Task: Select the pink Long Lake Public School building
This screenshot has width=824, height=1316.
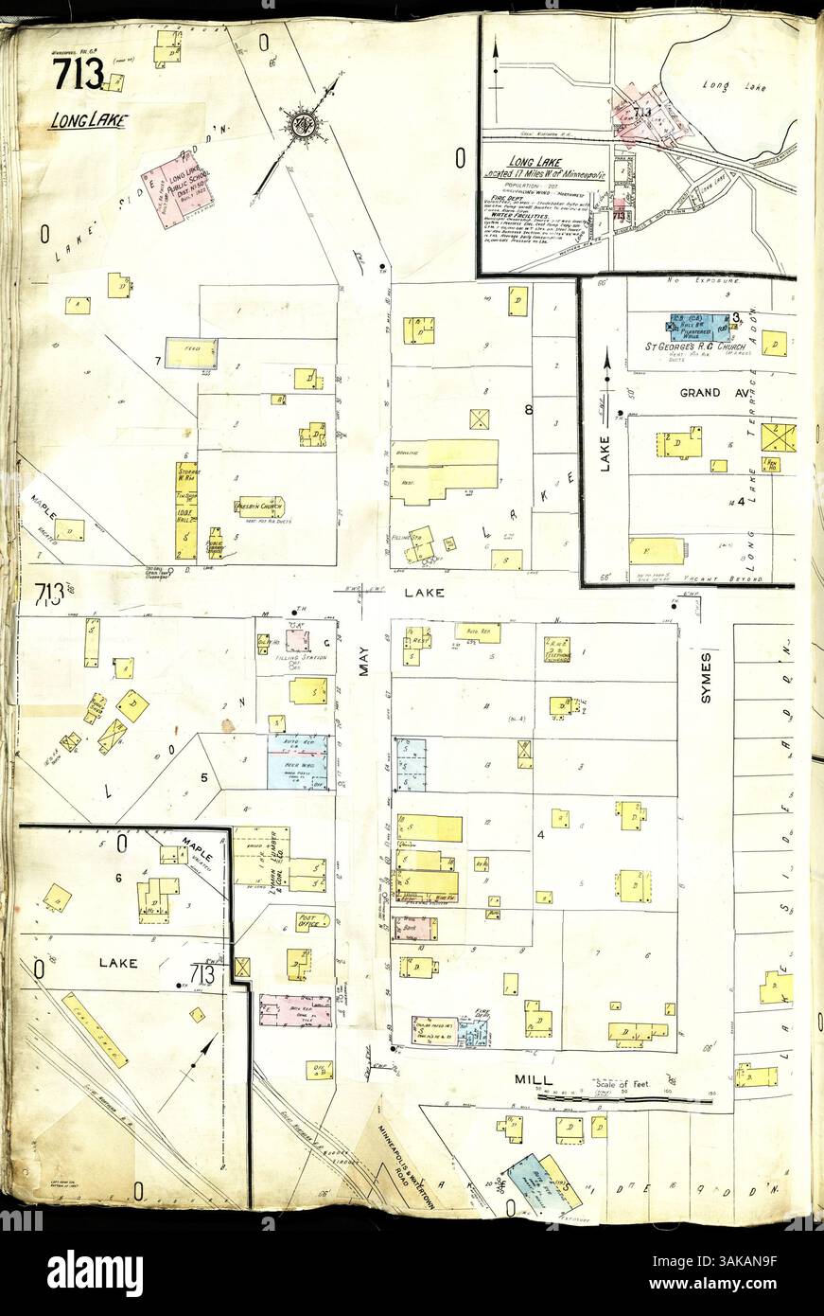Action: (178, 186)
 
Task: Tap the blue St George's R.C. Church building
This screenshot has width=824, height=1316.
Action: (700, 328)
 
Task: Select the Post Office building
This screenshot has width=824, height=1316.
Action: (311, 920)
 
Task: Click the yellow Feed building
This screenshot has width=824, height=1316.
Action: (192, 353)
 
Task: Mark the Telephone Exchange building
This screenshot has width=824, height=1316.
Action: (556, 649)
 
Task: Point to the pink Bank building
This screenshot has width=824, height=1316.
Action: (295, 1010)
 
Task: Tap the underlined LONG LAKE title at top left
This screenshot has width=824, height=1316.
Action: (87, 121)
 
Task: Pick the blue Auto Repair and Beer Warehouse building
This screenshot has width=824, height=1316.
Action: (297, 762)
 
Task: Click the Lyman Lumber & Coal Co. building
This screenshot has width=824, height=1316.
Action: (261, 856)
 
